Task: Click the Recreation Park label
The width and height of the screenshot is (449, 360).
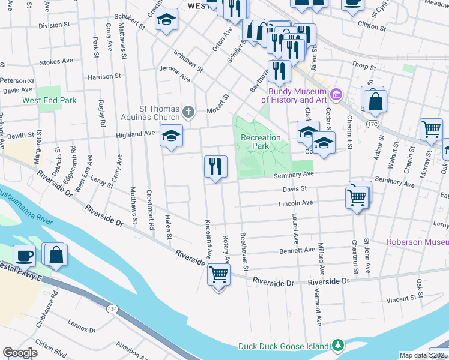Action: coord(261,142)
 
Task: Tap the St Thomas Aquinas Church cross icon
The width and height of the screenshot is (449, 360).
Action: coord(188,111)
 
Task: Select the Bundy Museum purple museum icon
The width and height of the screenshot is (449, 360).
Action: coord(336,94)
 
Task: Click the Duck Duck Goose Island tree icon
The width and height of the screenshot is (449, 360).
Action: coord(339,346)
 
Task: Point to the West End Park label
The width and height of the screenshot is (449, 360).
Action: coord(49,100)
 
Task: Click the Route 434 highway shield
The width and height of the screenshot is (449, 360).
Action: coord(112,308)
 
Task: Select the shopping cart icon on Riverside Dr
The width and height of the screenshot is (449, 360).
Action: coord(218,274)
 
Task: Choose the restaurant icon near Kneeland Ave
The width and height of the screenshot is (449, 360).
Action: coord(215,166)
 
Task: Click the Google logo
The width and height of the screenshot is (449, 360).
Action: coord(20,353)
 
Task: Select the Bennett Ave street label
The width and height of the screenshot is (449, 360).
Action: coord(301,250)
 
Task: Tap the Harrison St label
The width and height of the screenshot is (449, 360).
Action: coord(104,77)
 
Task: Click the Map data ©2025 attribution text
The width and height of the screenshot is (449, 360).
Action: coord(423,355)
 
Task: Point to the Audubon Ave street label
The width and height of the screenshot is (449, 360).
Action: coord(132,350)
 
